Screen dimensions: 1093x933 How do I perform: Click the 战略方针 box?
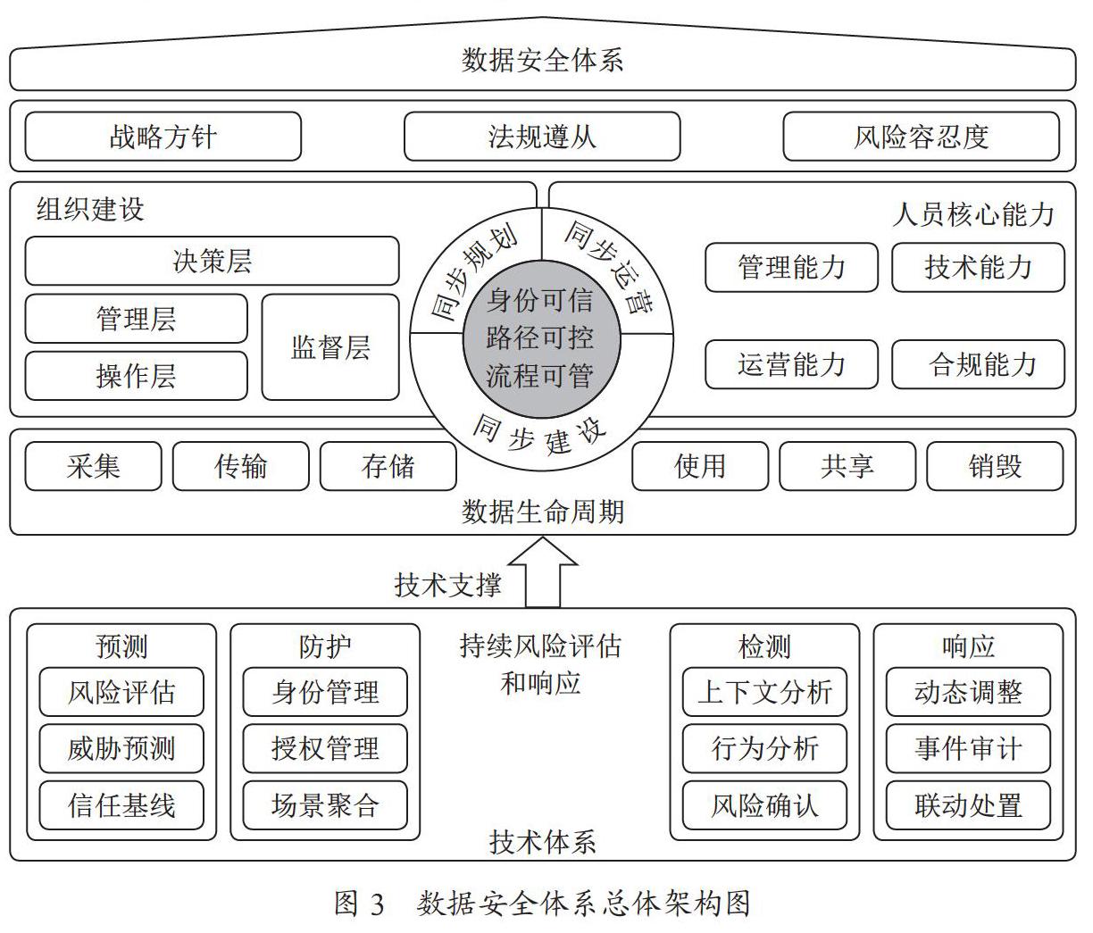pyautogui.click(x=163, y=137)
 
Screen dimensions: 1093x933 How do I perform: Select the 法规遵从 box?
pyautogui.click(x=542, y=137)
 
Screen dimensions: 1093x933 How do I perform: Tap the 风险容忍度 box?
pyautogui.click(x=922, y=137)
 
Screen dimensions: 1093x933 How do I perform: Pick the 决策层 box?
pyautogui.click(x=212, y=261)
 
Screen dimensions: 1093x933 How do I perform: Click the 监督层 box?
pyautogui.click(x=330, y=347)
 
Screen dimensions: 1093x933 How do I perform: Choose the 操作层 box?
pyautogui.click(x=136, y=376)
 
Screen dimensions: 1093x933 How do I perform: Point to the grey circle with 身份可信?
pyautogui.click(x=541, y=339)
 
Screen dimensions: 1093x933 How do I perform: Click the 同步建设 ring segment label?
pyautogui.click(x=539, y=435)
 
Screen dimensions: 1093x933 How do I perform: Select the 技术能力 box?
pyautogui.click(x=979, y=267)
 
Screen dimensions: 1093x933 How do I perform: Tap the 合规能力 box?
pyautogui.click(x=979, y=364)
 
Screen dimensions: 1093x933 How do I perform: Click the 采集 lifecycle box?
pyautogui.click(x=93, y=466)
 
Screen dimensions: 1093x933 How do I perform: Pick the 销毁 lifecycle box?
pyautogui.click(x=995, y=466)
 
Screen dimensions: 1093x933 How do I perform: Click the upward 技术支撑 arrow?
pyautogui.click(x=543, y=573)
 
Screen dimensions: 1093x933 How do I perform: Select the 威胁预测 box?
pyautogui.click(x=121, y=748)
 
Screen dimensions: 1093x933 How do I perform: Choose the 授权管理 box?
pyautogui.click(x=325, y=748)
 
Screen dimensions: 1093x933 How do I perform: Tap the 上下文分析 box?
pyautogui.click(x=764, y=692)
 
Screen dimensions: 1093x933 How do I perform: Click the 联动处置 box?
pyautogui.click(x=968, y=805)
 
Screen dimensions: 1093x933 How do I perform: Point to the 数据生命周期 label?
pyautogui.click(x=543, y=512)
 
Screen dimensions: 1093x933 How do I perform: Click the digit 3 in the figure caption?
pyautogui.click(x=377, y=904)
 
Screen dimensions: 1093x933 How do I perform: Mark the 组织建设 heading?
pyautogui.click(x=90, y=209)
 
